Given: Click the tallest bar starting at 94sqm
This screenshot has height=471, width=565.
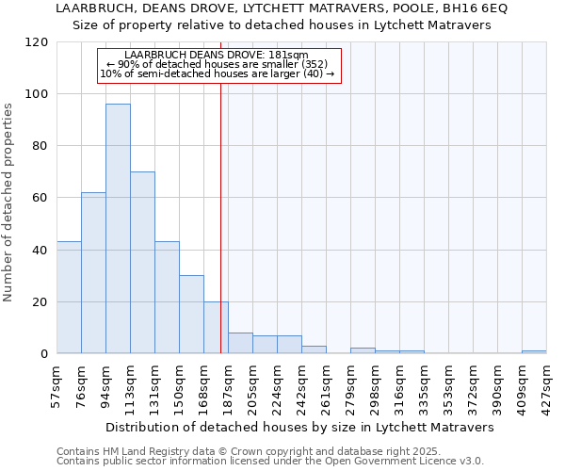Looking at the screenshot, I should (118, 229).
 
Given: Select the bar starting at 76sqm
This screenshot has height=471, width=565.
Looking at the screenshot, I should (93, 273).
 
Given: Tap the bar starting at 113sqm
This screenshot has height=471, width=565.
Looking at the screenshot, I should (142, 263).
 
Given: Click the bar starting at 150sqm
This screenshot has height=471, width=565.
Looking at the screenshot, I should (191, 315).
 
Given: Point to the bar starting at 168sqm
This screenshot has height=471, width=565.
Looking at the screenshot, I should (216, 328).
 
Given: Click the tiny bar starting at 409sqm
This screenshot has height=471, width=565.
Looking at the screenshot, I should (534, 352).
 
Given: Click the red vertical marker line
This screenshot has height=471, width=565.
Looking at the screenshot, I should (220, 188).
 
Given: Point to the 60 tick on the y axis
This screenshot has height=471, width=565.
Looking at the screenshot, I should (40, 199).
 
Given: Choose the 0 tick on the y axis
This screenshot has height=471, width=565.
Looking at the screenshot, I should (44, 354).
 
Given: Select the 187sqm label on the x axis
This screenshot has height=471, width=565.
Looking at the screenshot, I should (228, 387).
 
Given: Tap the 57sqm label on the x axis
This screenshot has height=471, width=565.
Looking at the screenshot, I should (56, 387).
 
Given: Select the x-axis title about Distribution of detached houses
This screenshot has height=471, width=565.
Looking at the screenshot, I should (299, 427).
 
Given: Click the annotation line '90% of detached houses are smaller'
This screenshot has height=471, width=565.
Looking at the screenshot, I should (218, 64).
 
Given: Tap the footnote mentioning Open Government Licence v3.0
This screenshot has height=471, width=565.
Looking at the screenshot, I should (270, 461).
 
